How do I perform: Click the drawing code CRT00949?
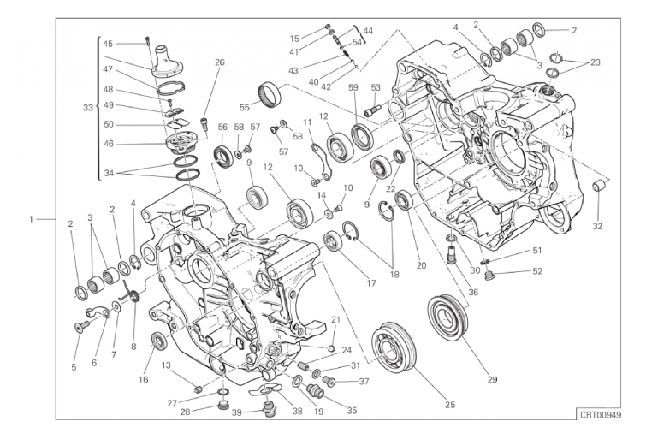pyautogui.click(x=598, y=414)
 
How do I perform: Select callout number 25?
pyautogui.click(x=450, y=405)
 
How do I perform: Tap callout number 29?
pyautogui.click(x=492, y=379)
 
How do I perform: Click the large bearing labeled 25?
pyautogui.click(x=394, y=347)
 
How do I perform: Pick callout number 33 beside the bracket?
pyautogui.click(x=88, y=108)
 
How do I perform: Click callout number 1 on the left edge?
pyautogui.click(x=31, y=219)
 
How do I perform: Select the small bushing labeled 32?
pyautogui.click(x=599, y=187)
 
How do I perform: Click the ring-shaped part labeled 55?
pyautogui.click(x=270, y=93)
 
